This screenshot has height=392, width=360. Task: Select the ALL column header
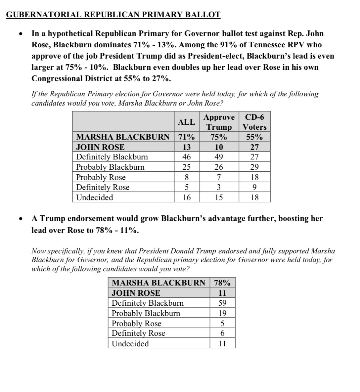click(x=187, y=122)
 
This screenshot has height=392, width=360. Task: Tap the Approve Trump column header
click(x=219, y=122)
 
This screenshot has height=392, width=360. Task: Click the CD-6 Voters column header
click(x=254, y=122)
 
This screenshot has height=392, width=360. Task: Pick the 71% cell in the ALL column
click(x=187, y=137)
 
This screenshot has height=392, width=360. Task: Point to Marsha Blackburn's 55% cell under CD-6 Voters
click(x=254, y=137)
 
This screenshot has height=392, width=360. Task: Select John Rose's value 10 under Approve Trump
click(x=219, y=147)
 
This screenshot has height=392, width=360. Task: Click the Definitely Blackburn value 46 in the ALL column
click(x=187, y=157)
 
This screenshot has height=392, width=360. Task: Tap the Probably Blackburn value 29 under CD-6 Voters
click(x=254, y=167)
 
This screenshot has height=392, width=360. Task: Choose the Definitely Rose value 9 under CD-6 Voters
click(x=254, y=187)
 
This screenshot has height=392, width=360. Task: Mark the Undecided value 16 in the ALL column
click(x=187, y=197)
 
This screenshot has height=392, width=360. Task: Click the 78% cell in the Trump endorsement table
click(x=222, y=283)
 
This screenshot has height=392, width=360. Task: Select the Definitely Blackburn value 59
click(x=222, y=303)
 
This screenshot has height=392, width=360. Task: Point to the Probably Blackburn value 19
click(x=222, y=313)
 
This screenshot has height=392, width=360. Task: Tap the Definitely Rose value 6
click(x=222, y=333)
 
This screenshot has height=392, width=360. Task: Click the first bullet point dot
click(x=21, y=34)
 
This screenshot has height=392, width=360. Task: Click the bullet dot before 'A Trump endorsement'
click(x=21, y=219)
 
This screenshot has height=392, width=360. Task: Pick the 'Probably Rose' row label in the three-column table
click(x=101, y=177)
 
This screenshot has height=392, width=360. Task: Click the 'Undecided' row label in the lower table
click(x=130, y=344)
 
